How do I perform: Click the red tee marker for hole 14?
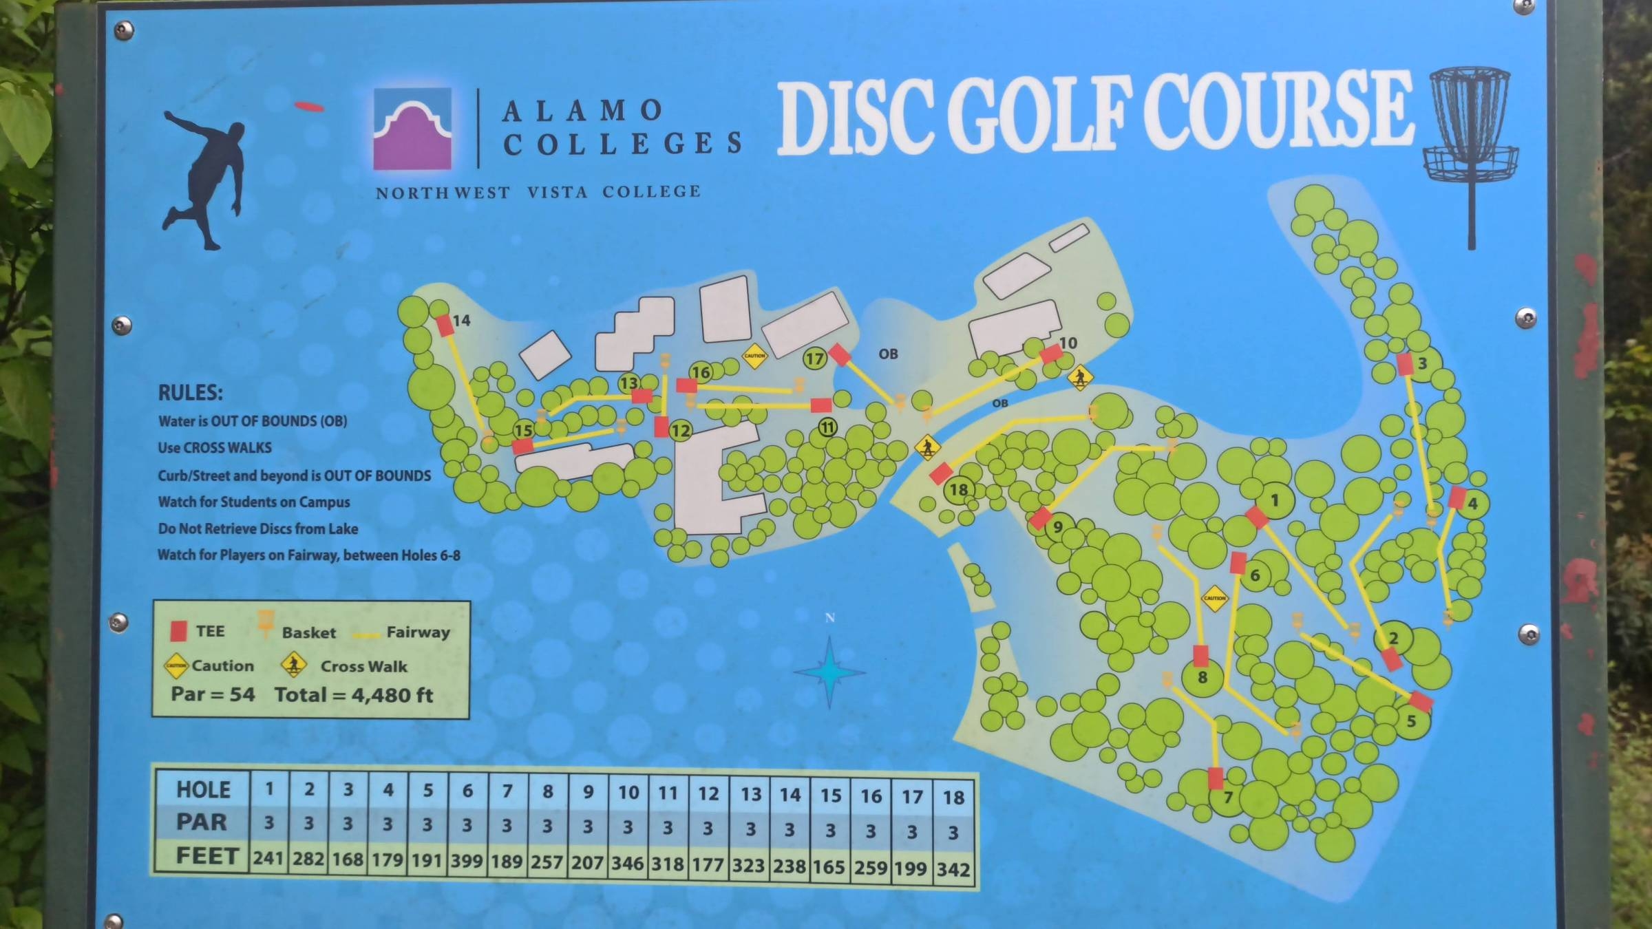click(x=445, y=325)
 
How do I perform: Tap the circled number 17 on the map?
click(x=814, y=359)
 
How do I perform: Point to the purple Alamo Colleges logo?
click(x=412, y=129)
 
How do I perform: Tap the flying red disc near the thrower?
click(x=309, y=107)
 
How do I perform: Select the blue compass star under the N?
click(x=829, y=672)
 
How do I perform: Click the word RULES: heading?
click(x=191, y=393)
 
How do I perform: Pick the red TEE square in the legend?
click(x=179, y=630)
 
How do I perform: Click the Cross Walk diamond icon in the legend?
click(x=294, y=665)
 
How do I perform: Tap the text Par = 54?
click(x=213, y=694)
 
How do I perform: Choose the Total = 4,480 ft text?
click(x=354, y=695)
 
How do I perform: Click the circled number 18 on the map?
click(x=958, y=489)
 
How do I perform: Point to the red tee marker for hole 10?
click(x=1051, y=354)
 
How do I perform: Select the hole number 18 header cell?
click(x=953, y=798)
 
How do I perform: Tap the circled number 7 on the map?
click(x=1227, y=798)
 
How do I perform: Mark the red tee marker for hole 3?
click(x=1405, y=364)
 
